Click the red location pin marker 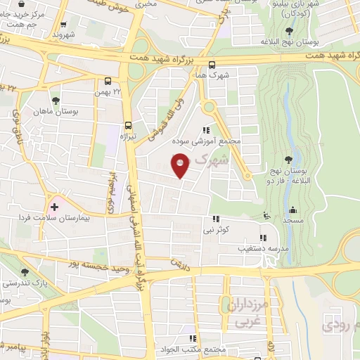tap(181, 166)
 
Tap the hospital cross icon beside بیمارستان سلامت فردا tap(54, 207)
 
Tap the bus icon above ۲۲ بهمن tap(108, 82)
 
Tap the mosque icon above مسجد tap(292, 209)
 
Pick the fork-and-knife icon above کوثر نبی tap(215, 219)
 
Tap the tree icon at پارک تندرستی tap(25, 272)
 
